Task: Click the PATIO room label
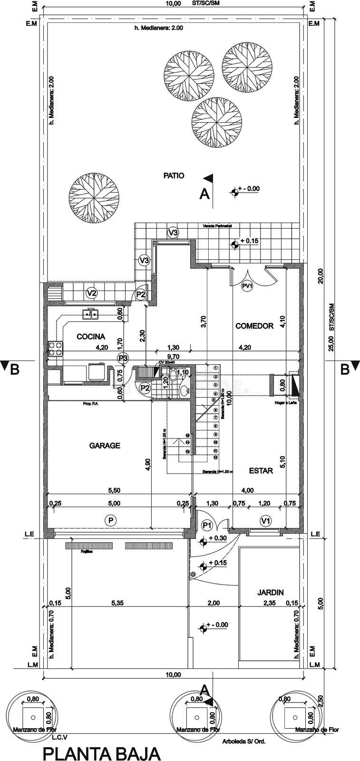(x=174, y=176)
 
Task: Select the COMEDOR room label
(x=254, y=326)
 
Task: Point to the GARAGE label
(x=105, y=446)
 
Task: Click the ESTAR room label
(x=261, y=470)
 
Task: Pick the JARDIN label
(x=271, y=592)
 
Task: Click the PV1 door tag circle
(x=247, y=286)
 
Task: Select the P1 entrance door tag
(x=206, y=525)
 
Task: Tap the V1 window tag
(x=266, y=521)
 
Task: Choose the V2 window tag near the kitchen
(x=92, y=293)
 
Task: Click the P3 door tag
(x=123, y=357)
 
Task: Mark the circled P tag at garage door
(x=110, y=521)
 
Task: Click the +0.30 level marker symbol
(x=203, y=541)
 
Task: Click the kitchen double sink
(x=90, y=314)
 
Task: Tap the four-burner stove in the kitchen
(x=56, y=349)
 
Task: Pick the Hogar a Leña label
(x=285, y=403)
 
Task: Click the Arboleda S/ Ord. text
(x=243, y=741)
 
